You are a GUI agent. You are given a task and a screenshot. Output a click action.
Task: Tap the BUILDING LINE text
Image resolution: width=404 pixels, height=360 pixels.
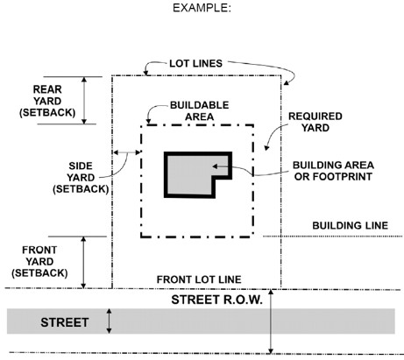coord(350,226)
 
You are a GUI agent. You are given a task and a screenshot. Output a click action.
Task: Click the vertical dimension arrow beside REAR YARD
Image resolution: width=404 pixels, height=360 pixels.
coord(85,100)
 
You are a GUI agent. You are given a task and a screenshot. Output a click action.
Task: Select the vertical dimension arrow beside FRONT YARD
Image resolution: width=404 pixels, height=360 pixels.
coord(84,261)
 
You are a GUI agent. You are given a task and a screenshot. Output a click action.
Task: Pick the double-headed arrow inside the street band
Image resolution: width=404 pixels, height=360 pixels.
coord(109,321)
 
